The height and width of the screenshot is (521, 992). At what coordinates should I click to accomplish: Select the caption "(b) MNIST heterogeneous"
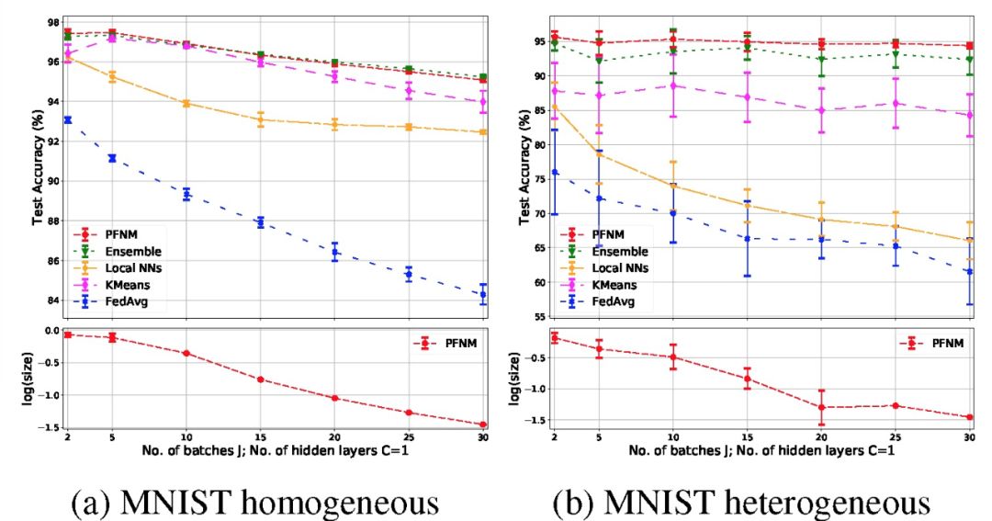coord(740,503)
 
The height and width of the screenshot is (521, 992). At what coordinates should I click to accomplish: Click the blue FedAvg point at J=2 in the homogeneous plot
coord(68,119)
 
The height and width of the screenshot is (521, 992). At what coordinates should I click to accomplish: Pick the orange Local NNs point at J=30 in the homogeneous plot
coord(483,132)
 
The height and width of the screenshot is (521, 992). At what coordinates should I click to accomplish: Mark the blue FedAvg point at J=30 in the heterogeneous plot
coord(968,272)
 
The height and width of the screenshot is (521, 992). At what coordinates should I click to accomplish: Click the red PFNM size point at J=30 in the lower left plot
coord(483,425)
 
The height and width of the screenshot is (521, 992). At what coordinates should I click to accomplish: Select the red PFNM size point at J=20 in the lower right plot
coord(820,407)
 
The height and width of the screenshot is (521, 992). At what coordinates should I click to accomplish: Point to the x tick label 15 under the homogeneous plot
coord(261,438)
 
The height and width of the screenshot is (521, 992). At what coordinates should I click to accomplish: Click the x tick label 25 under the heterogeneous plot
coord(894,438)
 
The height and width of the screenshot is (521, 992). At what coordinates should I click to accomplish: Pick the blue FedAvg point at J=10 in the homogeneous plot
coord(186,194)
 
